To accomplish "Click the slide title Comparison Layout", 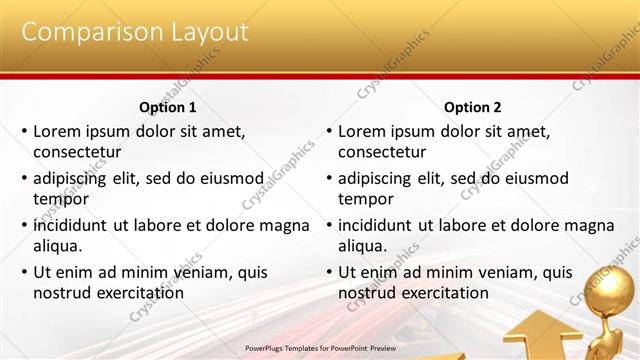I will (x=134, y=32).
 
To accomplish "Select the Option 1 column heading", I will (x=168, y=107).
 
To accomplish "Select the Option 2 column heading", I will (x=473, y=107).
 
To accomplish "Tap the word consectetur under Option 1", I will (x=77, y=152).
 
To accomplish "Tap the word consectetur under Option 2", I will (x=382, y=152).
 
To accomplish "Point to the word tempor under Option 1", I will (x=61, y=199).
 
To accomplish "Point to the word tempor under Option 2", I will (x=366, y=199).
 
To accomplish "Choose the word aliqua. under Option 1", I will (x=58, y=246).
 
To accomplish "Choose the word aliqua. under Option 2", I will (x=363, y=246).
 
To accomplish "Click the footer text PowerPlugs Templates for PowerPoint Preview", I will (x=320, y=348).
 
